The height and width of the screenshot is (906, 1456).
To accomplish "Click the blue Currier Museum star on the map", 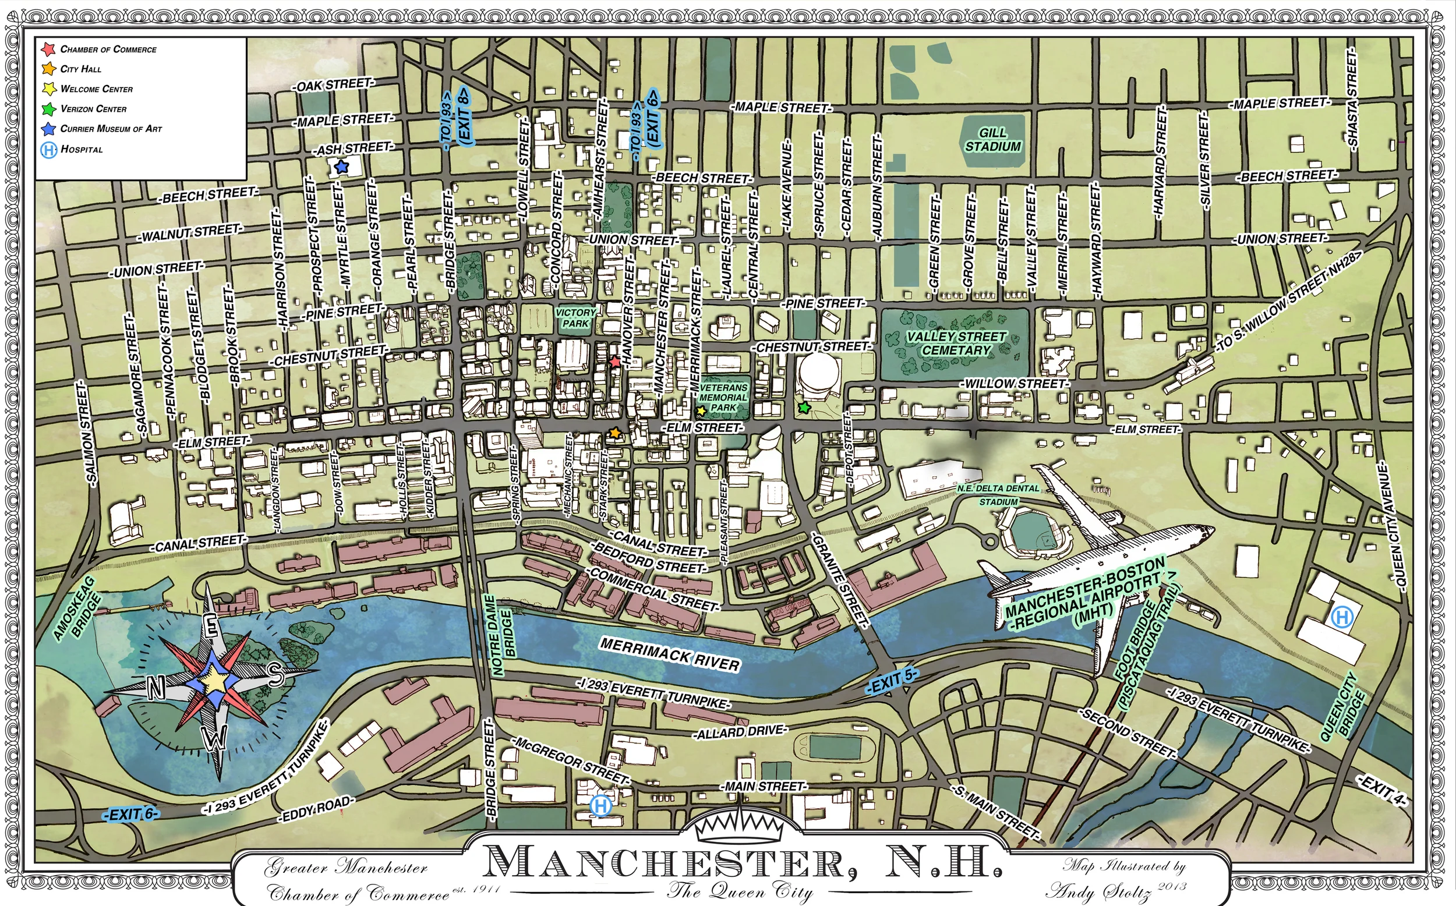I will pyautogui.click(x=341, y=167).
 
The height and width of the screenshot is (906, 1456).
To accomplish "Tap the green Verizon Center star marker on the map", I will pyautogui.click(x=804, y=408).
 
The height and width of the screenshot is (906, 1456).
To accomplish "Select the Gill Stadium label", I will pyautogui.click(x=993, y=140).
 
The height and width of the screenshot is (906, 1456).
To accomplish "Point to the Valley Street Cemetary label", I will pyautogui.click(x=956, y=344).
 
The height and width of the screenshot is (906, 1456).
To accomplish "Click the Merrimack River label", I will pyautogui.click(x=669, y=654).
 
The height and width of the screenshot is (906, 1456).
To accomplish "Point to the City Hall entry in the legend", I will pyautogui.click(x=80, y=69).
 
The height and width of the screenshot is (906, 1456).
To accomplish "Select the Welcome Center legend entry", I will pyautogui.click(x=96, y=89).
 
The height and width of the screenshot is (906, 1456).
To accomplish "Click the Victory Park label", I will pyautogui.click(x=575, y=318).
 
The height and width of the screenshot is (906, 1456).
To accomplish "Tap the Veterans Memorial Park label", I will pyautogui.click(x=723, y=397).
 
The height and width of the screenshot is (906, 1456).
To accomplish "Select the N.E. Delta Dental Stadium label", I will pyautogui.click(x=998, y=495).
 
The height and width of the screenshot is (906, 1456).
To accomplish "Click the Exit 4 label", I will pyautogui.click(x=1380, y=790).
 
